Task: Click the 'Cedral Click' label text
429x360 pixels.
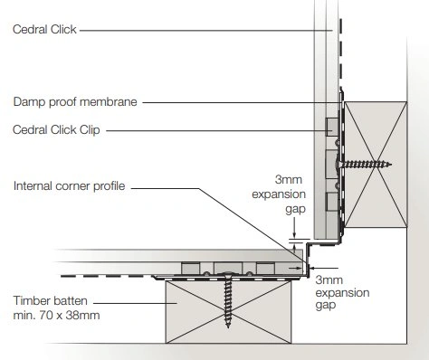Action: click(x=44, y=30)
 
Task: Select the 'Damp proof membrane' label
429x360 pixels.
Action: click(x=75, y=101)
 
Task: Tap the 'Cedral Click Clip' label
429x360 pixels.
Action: click(x=56, y=129)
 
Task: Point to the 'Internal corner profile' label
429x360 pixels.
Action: click(x=69, y=185)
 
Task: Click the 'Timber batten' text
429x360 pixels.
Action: click(x=51, y=300)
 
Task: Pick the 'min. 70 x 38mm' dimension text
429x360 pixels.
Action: click(x=56, y=316)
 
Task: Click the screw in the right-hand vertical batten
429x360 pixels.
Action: click(x=365, y=165)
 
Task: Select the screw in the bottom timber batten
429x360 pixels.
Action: click(x=228, y=299)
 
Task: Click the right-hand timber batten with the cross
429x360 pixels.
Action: click(x=376, y=165)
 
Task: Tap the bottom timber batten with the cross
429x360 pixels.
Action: click(x=228, y=312)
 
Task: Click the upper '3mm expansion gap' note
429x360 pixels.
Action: click(x=279, y=194)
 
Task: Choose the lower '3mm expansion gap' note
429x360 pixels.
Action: click(x=342, y=292)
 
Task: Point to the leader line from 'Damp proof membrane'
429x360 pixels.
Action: click(x=243, y=102)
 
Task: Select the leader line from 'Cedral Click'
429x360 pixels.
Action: click(x=206, y=31)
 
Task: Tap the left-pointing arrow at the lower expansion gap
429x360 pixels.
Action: click(x=324, y=268)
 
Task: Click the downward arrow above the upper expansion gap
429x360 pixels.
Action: click(x=294, y=229)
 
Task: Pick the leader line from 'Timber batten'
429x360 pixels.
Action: click(x=135, y=303)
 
